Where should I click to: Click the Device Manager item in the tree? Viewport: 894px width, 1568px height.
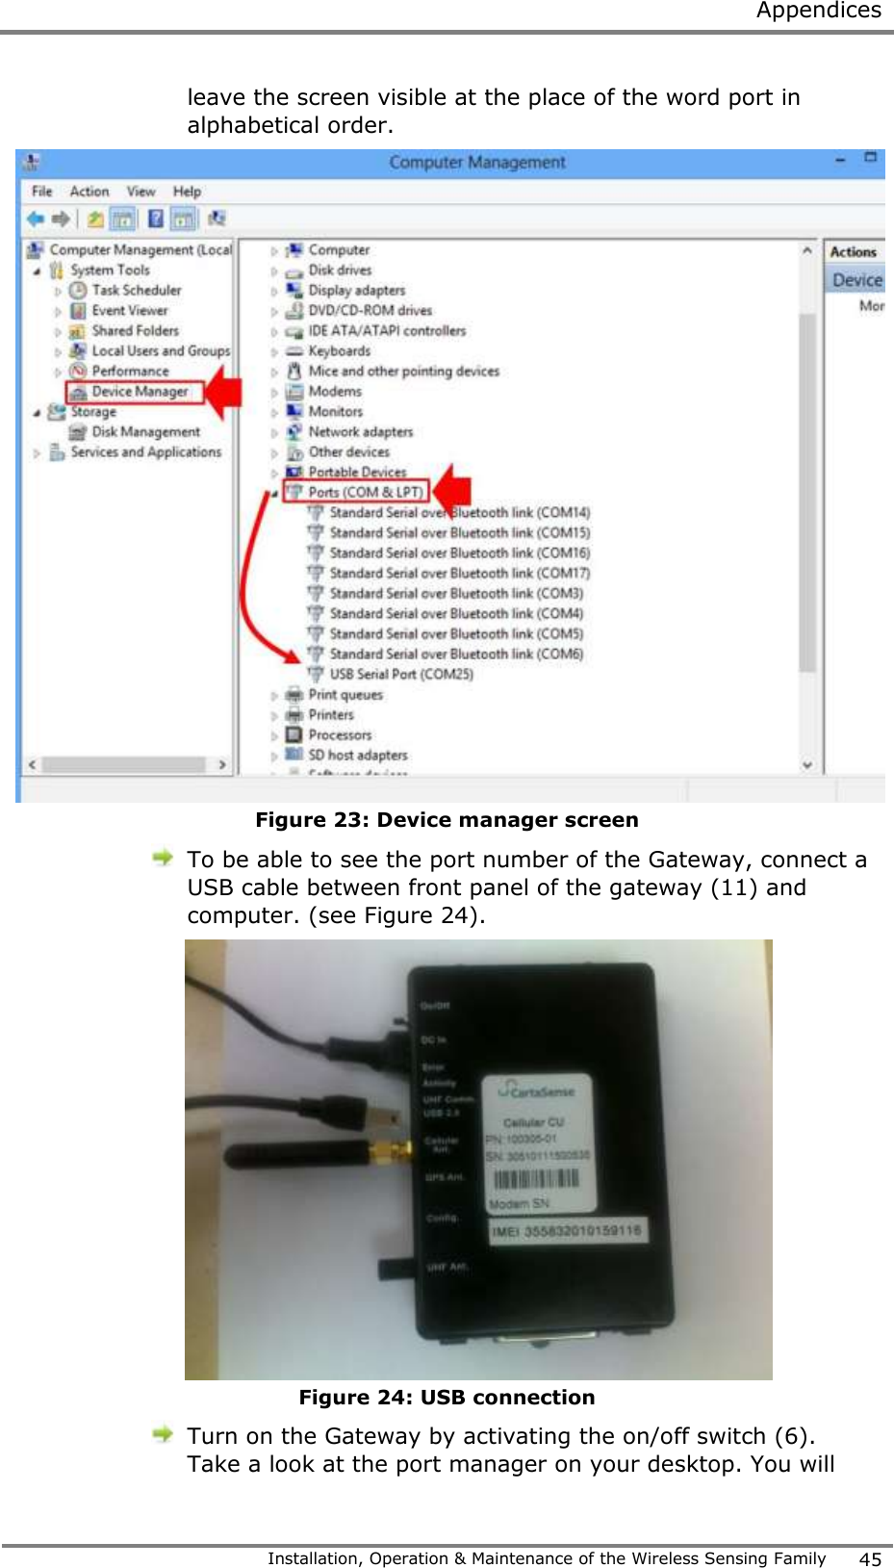[140, 392]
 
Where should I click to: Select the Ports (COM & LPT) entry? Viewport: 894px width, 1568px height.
[365, 492]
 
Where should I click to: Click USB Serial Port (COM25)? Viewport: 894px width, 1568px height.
[400, 674]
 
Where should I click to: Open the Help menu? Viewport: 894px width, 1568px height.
[187, 192]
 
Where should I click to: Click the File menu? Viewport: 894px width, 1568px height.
[41, 192]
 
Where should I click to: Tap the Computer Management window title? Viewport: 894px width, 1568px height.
[476, 163]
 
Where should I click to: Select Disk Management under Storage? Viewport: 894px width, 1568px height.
[145, 432]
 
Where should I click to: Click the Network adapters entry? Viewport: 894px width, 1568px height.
[360, 432]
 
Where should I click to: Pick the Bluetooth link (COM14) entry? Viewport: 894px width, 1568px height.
[459, 513]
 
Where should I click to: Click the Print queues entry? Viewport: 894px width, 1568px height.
[345, 695]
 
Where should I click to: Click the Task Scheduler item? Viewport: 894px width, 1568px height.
[136, 290]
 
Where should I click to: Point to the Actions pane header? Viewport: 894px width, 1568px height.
[853, 252]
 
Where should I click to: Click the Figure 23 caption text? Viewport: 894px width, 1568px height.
[447, 820]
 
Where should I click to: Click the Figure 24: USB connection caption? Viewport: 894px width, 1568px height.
[447, 1398]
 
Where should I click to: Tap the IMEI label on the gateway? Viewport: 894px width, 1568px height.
[566, 1231]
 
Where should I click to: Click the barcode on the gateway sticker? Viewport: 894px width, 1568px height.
[536, 1179]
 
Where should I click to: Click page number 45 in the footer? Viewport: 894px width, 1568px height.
[870, 1559]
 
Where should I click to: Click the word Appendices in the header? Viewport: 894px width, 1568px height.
[818, 11]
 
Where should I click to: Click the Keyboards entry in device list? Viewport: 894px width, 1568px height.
[339, 351]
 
